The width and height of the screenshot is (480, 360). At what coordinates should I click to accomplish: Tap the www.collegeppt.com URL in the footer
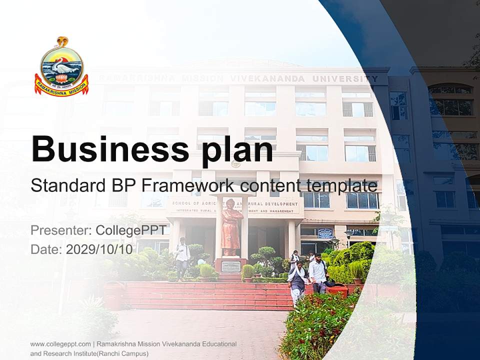click(60, 344)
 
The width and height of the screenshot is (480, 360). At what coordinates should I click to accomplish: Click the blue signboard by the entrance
click(325, 233)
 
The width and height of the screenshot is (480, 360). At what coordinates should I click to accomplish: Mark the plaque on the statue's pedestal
click(231, 266)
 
